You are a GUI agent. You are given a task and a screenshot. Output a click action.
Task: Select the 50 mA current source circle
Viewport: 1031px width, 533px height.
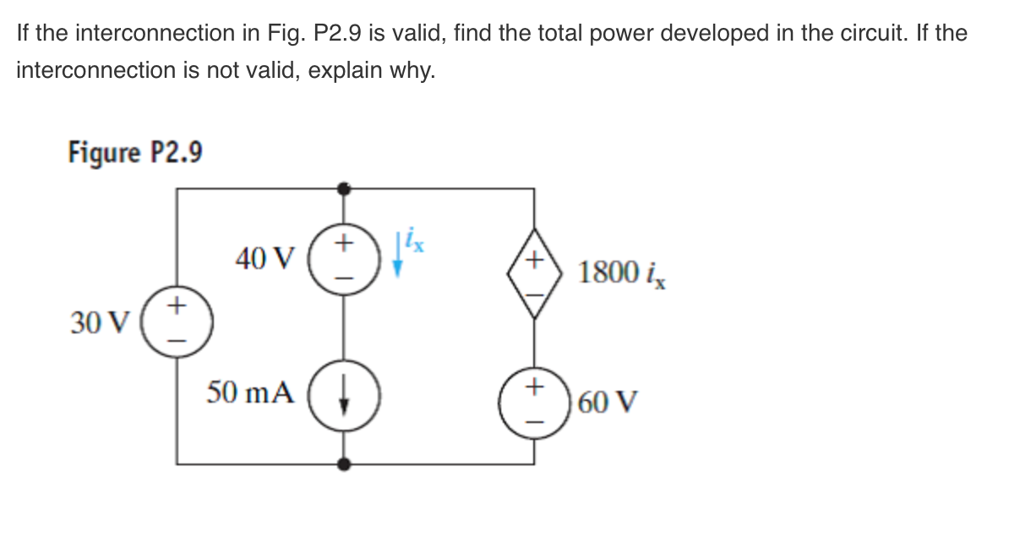point(342,394)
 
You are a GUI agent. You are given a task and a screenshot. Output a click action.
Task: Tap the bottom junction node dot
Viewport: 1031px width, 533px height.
point(342,464)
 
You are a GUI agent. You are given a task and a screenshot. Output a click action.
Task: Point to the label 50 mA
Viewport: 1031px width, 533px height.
point(251,393)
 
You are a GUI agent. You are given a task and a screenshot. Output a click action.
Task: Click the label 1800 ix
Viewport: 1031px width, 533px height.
point(622,272)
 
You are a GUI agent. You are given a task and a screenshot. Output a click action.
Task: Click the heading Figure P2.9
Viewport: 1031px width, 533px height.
point(135,153)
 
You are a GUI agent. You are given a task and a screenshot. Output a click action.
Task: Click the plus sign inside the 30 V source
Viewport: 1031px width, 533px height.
point(177,305)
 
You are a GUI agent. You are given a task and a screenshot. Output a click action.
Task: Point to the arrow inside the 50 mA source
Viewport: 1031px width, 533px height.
point(342,395)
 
